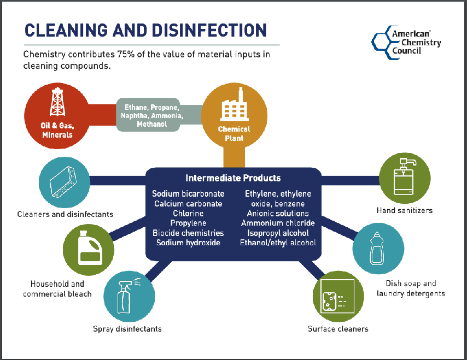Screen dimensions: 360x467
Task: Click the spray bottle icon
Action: click(x=127, y=298)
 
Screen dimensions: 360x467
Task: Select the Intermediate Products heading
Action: click(x=233, y=178)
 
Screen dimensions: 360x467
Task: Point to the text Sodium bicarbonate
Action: click(x=188, y=194)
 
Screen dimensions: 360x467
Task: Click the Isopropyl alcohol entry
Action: click(x=278, y=233)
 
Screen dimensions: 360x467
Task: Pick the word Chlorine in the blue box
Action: click(x=188, y=214)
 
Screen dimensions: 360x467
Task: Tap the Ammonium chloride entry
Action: click(x=278, y=223)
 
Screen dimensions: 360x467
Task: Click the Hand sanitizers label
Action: click(x=404, y=210)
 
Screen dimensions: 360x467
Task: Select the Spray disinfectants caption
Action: click(x=127, y=329)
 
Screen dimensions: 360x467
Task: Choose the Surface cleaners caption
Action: click(x=338, y=329)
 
